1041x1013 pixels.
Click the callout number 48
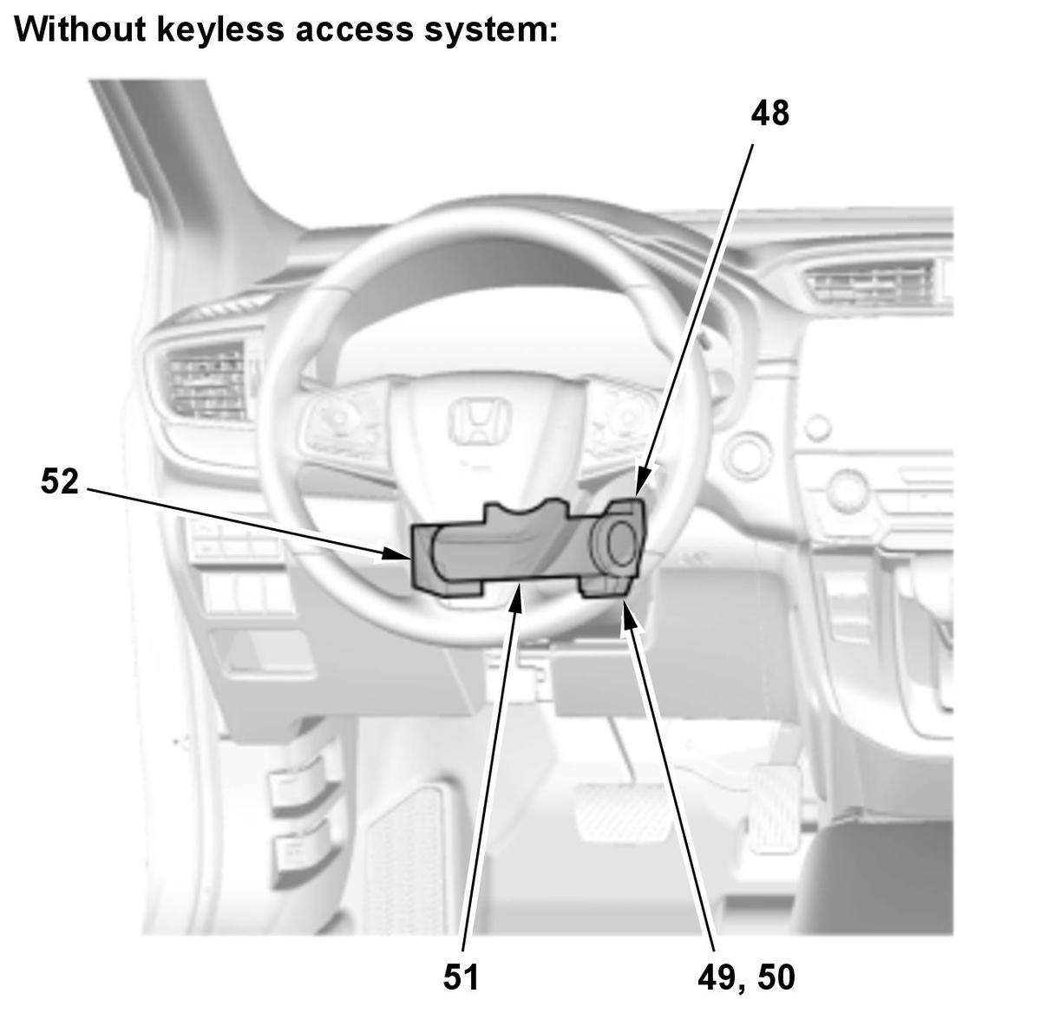coord(769,114)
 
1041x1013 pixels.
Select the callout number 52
coord(60,481)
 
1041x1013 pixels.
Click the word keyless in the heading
coord(219,29)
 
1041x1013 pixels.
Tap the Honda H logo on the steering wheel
coord(480,420)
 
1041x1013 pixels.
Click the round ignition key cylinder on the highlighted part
coord(620,542)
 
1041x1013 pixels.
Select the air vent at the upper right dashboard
coord(872,284)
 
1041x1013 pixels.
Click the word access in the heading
coord(354,30)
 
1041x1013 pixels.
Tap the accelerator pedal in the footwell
coord(776,808)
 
